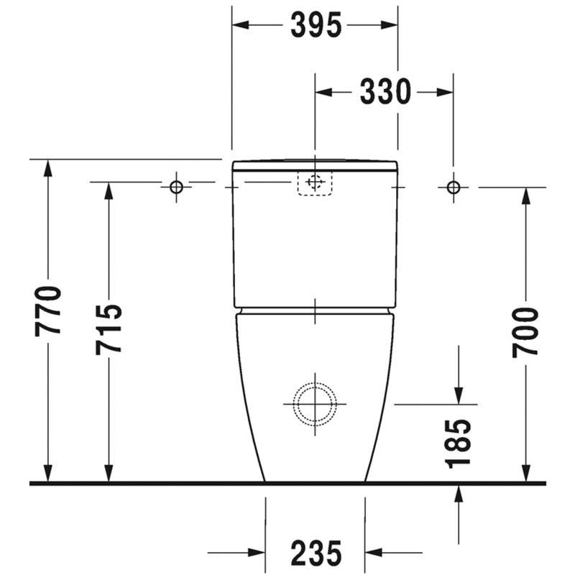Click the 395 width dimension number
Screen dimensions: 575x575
coord(316,25)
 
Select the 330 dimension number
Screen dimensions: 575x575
coord(385,92)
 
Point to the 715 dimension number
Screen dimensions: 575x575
coord(109,329)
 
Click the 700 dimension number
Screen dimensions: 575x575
coord(525,332)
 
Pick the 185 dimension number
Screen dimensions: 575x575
coord(459,443)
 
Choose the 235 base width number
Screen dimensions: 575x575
coord(316,553)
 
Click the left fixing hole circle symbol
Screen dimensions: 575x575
coord(176,187)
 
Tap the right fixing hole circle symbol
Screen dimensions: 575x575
coord(454,187)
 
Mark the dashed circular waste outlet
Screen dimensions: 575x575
coord(315,382)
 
